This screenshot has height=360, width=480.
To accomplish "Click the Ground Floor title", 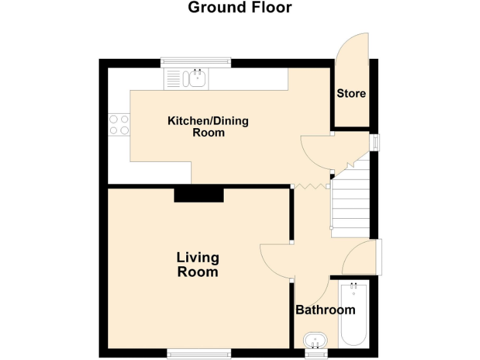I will point(239,8).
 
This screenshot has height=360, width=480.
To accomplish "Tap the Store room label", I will point(351,94).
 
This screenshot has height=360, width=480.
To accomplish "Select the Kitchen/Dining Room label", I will point(207,126).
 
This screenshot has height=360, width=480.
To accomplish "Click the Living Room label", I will point(197,264).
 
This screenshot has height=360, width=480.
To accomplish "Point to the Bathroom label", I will point(325,310).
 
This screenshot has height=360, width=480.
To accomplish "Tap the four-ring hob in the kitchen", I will point(119,124).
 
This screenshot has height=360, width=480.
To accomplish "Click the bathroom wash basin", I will point(316,341).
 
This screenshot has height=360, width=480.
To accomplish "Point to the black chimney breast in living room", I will point(198,195).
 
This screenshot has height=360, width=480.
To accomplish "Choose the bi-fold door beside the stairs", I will point(311,186).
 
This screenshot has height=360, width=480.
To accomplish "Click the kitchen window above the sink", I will point(196,62).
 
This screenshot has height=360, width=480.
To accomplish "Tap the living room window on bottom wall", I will point(199,354).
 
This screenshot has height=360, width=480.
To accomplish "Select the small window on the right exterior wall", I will point(374,142).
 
